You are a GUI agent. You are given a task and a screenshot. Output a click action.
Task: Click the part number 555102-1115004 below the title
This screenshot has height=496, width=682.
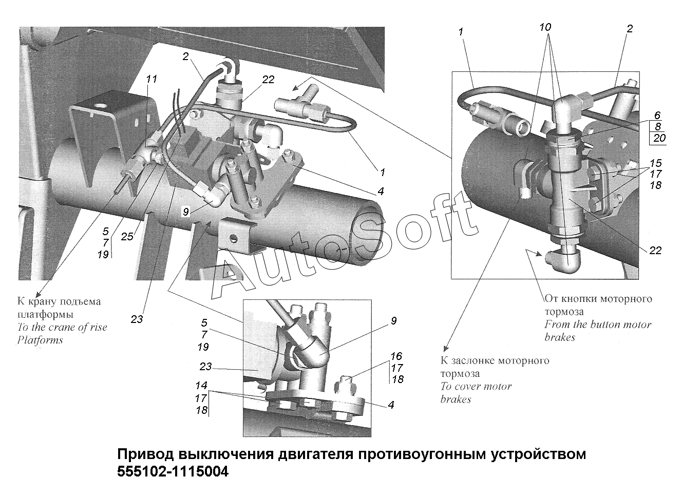click(173, 471)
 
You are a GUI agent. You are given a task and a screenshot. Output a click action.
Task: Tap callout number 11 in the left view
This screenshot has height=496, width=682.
click(151, 79)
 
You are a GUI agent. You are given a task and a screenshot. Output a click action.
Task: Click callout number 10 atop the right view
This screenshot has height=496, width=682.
click(546, 26)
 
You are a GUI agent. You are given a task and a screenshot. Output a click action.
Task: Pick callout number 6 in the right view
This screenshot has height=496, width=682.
click(657, 116)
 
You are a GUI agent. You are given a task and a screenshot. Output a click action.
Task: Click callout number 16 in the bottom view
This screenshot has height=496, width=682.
click(396, 356)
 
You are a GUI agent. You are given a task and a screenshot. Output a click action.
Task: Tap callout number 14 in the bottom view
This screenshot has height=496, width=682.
click(201, 385)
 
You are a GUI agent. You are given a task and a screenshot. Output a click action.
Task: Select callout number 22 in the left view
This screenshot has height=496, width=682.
click(268, 80)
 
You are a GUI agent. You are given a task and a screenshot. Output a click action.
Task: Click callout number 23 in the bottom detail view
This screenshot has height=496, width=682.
click(206, 367)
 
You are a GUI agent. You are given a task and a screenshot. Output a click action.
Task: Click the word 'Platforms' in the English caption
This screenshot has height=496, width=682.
click(40, 340)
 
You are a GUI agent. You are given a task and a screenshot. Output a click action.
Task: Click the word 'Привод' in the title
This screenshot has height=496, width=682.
click(145, 455)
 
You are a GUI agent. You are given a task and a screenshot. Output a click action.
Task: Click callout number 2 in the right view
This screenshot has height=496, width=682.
click(630, 29)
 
